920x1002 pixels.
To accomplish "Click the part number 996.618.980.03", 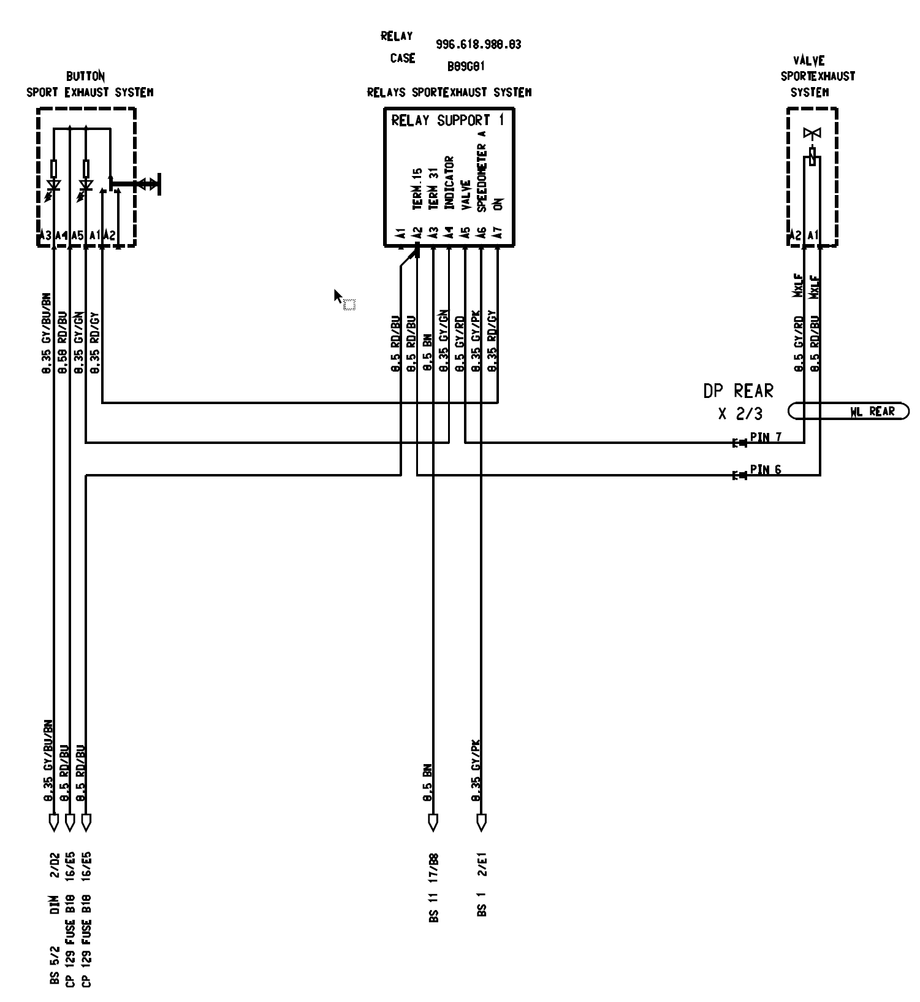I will (478, 45).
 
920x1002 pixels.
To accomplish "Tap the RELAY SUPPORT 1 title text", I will (447, 120).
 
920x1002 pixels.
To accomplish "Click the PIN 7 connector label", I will (765, 437).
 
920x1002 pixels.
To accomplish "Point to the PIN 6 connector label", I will (765, 470).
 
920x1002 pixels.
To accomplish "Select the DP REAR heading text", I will (738, 391).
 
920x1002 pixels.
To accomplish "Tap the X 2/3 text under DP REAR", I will (740, 414).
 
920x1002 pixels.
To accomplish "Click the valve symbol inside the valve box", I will (813, 134).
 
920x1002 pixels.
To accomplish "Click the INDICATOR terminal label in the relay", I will (449, 183).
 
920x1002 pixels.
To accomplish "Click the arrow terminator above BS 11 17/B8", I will (433, 821).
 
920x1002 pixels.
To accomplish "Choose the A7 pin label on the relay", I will (498, 234).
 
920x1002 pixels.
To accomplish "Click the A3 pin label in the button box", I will (45, 235).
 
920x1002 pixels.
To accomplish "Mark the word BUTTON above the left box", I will (85, 77).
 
